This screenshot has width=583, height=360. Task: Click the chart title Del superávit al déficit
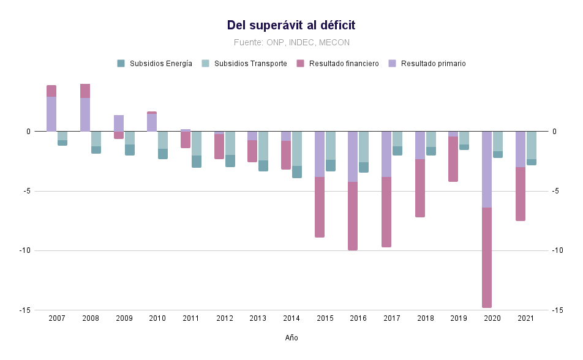click(291, 25)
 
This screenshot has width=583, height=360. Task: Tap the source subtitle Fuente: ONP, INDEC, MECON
click(291, 42)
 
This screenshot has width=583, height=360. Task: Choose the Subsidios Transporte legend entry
click(246, 64)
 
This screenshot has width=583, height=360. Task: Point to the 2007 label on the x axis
click(57, 318)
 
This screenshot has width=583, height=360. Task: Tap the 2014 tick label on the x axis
click(291, 318)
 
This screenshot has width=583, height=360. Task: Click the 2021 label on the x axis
click(525, 318)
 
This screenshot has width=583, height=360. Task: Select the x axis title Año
click(291, 338)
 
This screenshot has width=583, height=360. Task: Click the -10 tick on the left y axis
click(25, 250)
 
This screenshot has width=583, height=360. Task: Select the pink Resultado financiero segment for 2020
click(487, 257)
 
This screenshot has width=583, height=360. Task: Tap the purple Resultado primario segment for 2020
click(487, 170)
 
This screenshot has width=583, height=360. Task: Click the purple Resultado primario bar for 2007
click(51, 114)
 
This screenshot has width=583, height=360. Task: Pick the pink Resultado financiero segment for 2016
click(353, 216)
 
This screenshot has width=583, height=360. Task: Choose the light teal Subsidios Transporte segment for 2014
click(297, 149)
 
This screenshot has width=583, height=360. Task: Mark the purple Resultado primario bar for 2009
click(119, 123)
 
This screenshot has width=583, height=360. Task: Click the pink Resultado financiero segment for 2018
click(420, 188)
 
